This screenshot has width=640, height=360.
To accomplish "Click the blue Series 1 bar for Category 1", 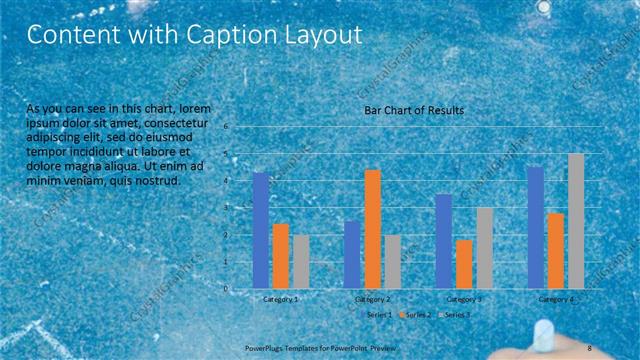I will [x=261, y=230].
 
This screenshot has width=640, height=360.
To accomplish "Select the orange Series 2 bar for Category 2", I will [x=372, y=229].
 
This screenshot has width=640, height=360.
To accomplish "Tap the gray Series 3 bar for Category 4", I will [x=576, y=221].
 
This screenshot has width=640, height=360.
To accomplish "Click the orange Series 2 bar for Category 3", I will [x=464, y=264].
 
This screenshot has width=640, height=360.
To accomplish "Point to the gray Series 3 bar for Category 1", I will [x=301, y=262].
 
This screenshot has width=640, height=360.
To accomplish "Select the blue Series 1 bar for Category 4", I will [x=535, y=227].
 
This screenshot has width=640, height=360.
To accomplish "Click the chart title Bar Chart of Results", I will [x=413, y=111].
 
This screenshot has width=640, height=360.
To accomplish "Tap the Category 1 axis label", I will [x=281, y=299].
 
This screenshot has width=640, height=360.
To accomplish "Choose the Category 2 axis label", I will [x=372, y=299].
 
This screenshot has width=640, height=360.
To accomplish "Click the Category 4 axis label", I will [x=556, y=299].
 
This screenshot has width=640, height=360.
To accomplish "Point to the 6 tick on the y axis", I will [x=227, y=127].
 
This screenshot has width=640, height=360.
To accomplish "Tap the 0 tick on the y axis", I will [x=227, y=289].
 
